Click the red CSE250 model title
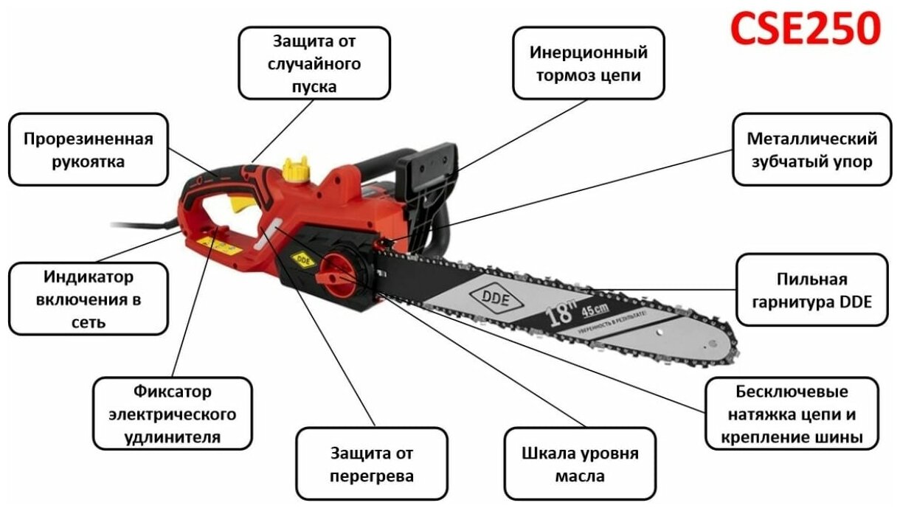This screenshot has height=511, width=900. [x=805, y=29]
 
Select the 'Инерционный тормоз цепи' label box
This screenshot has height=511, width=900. [x=588, y=63]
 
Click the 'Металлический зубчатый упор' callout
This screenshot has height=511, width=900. [x=811, y=150]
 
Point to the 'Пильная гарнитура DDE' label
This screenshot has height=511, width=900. [x=811, y=290]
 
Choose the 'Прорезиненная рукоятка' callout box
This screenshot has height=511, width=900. [x=88, y=150]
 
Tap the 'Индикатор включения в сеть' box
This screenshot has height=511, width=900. [x=88, y=299]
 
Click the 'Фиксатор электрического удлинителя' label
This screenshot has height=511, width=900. [x=173, y=413]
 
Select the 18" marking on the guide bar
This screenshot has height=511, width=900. [x=561, y=316]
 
